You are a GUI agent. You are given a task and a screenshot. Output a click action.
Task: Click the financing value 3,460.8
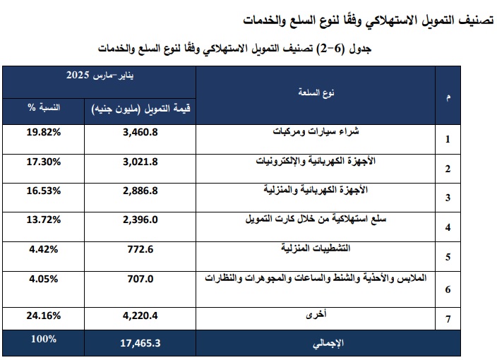tap(141, 131)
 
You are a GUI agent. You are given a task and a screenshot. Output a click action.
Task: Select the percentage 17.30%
tap(45, 161)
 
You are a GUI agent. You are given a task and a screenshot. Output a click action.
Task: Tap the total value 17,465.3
tap(141, 343)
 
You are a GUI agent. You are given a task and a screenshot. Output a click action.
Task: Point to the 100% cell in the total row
tap(44, 339)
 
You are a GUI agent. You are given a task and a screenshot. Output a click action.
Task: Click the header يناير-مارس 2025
tap(99, 75)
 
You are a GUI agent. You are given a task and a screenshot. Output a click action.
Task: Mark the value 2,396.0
tap(141, 220)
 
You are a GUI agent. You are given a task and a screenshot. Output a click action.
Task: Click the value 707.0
tap(141, 278)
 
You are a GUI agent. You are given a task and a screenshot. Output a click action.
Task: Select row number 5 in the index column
tap(448, 257)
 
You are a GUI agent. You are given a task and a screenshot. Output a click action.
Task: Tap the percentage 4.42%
tap(45, 248)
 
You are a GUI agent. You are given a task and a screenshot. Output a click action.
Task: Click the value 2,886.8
tap(141, 191)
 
